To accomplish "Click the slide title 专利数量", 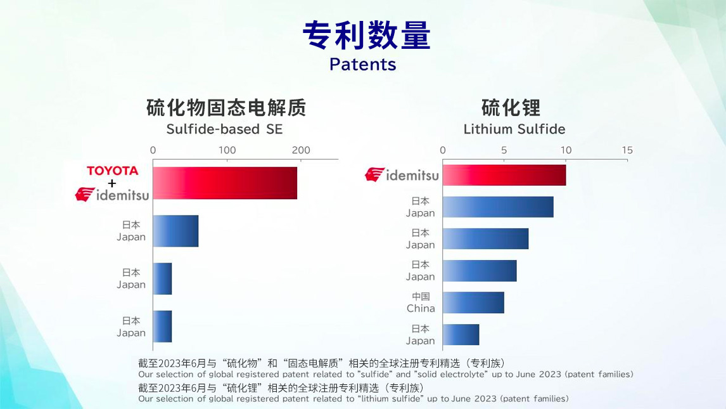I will coord(366,36).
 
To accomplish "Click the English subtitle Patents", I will coord(362,64).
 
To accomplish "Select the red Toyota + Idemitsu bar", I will coord(225,183).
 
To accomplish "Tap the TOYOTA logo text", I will coord(112,171).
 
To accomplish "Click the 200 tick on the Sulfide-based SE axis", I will coord(301,150).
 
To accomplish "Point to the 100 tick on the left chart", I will coord(227,150).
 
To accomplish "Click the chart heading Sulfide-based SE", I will coord(224,129).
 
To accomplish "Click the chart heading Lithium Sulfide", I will coord(514,129).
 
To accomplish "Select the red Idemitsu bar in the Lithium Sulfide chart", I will coord(504,174).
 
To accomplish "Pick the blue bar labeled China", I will coord(473,302).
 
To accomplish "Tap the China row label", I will coord(421,302).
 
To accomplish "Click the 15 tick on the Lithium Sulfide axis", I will coord(627,150).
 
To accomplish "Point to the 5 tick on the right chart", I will coord(504,150).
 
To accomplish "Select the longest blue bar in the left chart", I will coord(175,231).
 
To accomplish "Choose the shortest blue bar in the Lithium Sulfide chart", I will coord(461,334).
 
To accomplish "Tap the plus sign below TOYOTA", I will coord(112,183).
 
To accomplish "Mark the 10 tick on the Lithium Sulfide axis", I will coord(566,150).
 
